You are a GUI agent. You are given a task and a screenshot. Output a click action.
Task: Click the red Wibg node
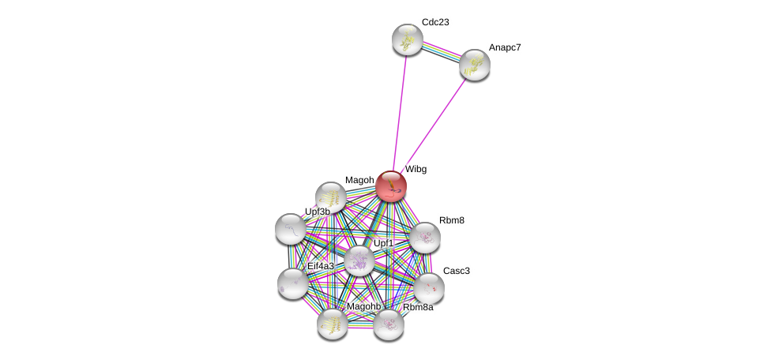[x=390, y=186]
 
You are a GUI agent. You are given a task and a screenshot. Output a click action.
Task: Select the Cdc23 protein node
[x=408, y=39]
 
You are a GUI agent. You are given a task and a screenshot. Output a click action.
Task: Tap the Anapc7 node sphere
[x=475, y=65]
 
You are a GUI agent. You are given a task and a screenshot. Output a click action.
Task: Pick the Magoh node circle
[x=331, y=197]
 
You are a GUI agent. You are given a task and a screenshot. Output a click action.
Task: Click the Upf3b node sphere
[x=291, y=229]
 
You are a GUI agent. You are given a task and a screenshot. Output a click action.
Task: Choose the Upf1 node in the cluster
[x=359, y=261]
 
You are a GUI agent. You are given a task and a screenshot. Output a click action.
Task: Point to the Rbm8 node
[x=425, y=237]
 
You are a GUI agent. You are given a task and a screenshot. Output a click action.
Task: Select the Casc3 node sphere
[x=429, y=288]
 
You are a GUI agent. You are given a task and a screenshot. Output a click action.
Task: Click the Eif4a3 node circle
[x=293, y=283]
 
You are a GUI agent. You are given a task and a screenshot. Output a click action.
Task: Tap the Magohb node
[x=333, y=323]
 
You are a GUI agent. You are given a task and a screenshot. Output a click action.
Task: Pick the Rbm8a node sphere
[x=389, y=324]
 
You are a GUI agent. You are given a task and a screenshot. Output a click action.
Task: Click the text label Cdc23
[x=435, y=22]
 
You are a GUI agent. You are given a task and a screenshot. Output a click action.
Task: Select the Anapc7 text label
[x=505, y=47]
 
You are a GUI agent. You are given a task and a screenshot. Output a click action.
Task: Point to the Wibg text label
[x=416, y=169]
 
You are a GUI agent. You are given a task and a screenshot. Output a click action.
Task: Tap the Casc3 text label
[x=456, y=271]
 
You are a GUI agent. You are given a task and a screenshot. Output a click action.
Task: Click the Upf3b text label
[x=318, y=212]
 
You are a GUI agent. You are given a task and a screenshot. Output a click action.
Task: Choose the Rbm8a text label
[x=418, y=307]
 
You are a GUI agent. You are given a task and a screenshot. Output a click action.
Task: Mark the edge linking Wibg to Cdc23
[x=400, y=111]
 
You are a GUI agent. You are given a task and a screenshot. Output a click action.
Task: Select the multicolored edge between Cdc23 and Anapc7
[x=441, y=52]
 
